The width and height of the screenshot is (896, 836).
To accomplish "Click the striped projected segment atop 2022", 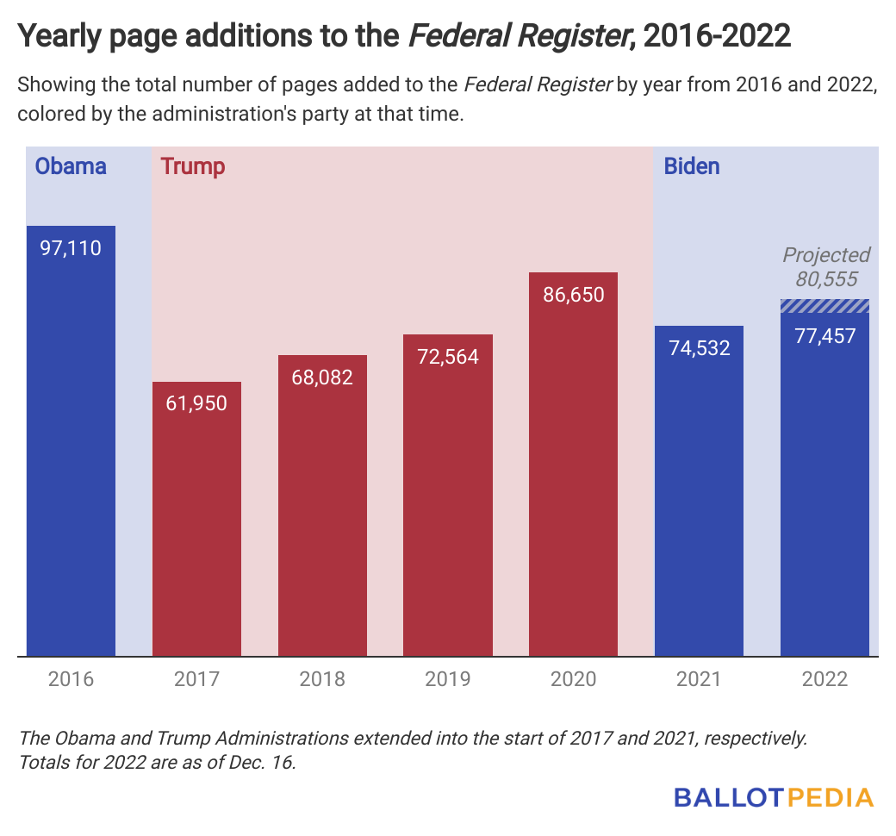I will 824,306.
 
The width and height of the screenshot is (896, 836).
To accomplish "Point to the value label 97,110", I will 71,249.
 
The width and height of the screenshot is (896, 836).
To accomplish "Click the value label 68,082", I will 322,377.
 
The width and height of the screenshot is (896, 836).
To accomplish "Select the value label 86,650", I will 573,295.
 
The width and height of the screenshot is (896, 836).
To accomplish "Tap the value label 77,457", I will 824,336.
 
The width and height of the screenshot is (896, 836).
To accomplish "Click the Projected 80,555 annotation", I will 825,267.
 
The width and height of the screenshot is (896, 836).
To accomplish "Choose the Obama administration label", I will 71,166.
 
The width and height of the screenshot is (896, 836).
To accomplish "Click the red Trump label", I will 193,166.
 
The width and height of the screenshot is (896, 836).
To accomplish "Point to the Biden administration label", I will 692,166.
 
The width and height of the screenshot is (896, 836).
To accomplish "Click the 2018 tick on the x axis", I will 322,679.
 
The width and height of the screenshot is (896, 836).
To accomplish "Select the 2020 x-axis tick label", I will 573,679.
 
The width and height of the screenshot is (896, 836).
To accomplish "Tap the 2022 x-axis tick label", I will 824,679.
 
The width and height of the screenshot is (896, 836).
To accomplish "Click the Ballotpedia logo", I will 773,797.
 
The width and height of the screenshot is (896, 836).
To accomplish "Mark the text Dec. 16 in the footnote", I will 264,763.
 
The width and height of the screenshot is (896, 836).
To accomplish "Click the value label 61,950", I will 196,403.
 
